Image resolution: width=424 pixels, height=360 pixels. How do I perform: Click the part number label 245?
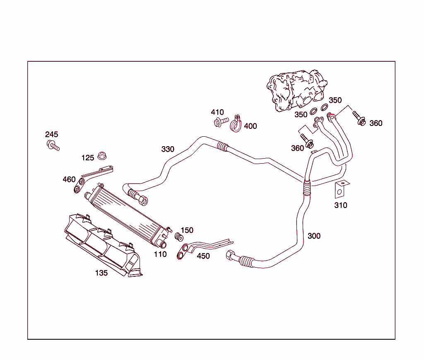[52, 135]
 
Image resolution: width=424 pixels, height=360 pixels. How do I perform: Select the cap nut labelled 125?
[101, 156]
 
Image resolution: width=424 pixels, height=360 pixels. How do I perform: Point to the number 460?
[69, 179]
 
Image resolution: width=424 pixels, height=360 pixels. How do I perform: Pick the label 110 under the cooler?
[160, 254]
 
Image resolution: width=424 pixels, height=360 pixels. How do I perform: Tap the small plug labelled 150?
[179, 237]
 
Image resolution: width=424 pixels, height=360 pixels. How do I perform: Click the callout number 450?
[203, 256]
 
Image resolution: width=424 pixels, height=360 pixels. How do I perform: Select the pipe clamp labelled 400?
[236, 124]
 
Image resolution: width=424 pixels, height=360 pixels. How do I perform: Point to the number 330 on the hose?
[168, 149]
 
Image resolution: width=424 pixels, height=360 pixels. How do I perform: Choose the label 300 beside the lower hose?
[314, 236]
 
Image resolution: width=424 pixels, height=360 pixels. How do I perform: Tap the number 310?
[341, 205]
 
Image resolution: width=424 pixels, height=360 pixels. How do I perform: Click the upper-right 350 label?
[335, 100]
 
